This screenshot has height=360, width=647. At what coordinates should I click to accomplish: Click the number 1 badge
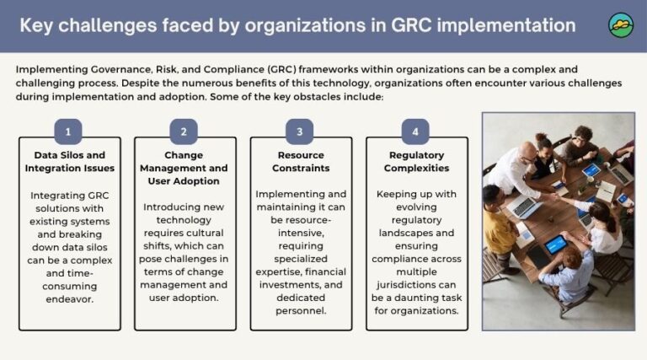point(67,132)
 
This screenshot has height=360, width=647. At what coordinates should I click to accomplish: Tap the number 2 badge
point(184,132)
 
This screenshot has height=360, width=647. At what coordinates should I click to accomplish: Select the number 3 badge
point(299,132)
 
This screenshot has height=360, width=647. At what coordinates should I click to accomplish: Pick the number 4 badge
point(415,132)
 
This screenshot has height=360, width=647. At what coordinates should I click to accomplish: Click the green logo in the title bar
point(621,25)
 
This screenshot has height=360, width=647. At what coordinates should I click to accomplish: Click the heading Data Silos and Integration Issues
point(70,162)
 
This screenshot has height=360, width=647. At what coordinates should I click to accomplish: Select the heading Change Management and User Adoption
point(184,168)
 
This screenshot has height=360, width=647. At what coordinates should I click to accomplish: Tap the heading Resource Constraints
point(301,162)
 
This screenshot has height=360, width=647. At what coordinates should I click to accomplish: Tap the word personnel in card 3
point(301,311)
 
